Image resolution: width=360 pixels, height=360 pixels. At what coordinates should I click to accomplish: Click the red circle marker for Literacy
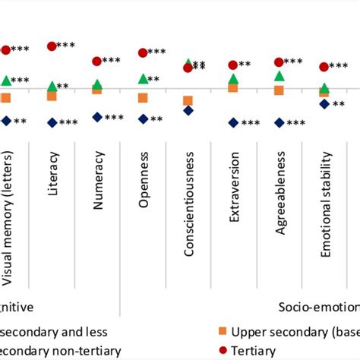pos(52,46)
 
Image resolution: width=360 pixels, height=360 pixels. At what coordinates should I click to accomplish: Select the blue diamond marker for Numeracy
pos(96,117)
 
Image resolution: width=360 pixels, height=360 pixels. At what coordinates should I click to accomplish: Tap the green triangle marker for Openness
pos(143,78)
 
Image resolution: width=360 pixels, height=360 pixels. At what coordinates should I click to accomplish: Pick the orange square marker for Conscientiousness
pos(188,101)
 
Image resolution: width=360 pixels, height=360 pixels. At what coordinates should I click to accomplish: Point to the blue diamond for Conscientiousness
pos(188,111)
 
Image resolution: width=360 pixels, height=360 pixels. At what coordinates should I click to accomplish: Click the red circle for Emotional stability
pos(324,67)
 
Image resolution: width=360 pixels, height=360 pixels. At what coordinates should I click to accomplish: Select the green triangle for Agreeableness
pos(279,76)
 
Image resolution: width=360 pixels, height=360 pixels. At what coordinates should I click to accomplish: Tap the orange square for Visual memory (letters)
pos(6,98)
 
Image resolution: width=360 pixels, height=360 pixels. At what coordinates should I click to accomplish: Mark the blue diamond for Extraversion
pos(233,122)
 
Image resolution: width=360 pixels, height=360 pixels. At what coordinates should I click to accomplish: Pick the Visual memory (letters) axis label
pos(7,228)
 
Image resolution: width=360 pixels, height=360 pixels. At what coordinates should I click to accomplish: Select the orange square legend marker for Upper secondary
pos(221,332)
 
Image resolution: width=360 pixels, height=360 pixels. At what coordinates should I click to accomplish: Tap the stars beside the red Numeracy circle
pos(112,61)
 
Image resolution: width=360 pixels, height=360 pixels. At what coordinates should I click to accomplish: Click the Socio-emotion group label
pos(318,308)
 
